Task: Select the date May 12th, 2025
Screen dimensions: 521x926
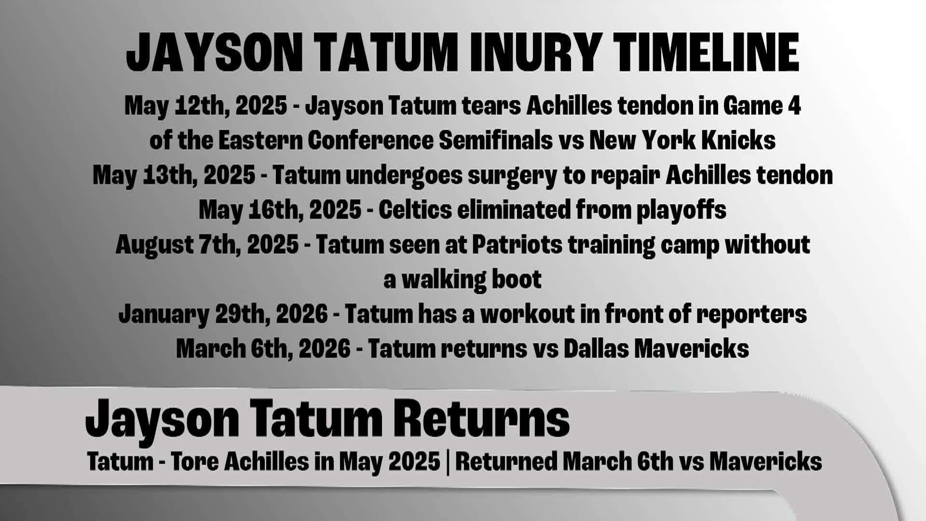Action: tap(206, 105)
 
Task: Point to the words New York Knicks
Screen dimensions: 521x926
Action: tap(682, 140)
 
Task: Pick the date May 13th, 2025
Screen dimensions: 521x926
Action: tap(174, 175)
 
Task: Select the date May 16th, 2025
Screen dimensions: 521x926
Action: tap(280, 210)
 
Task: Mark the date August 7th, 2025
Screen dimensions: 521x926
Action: tap(207, 245)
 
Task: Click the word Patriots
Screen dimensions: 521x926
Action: tap(517, 245)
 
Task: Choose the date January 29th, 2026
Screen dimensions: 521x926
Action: tap(223, 314)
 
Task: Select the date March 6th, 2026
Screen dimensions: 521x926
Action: tap(263, 349)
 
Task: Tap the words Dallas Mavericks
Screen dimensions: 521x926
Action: tap(656, 349)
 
